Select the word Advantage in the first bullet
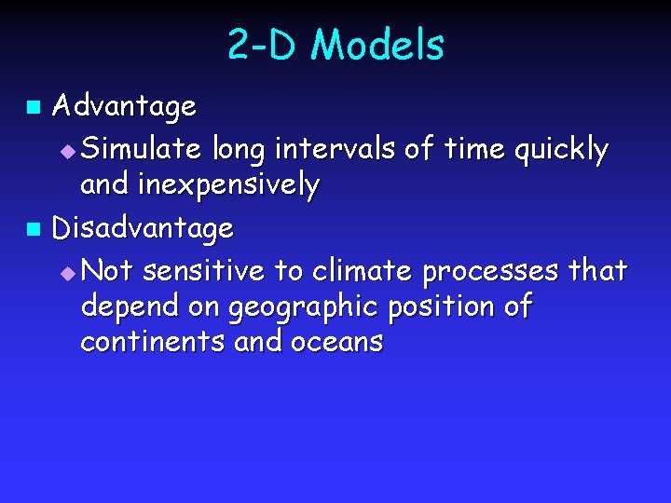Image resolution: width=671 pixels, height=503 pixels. pyautogui.click(x=124, y=107)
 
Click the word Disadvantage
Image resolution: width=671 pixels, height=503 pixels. pyautogui.click(x=143, y=228)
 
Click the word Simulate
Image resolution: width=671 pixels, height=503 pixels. pyautogui.click(x=146, y=149)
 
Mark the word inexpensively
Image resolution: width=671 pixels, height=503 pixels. pyautogui.click(x=229, y=186)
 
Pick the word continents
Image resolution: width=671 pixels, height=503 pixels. pyautogui.click(x=153, y=342)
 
